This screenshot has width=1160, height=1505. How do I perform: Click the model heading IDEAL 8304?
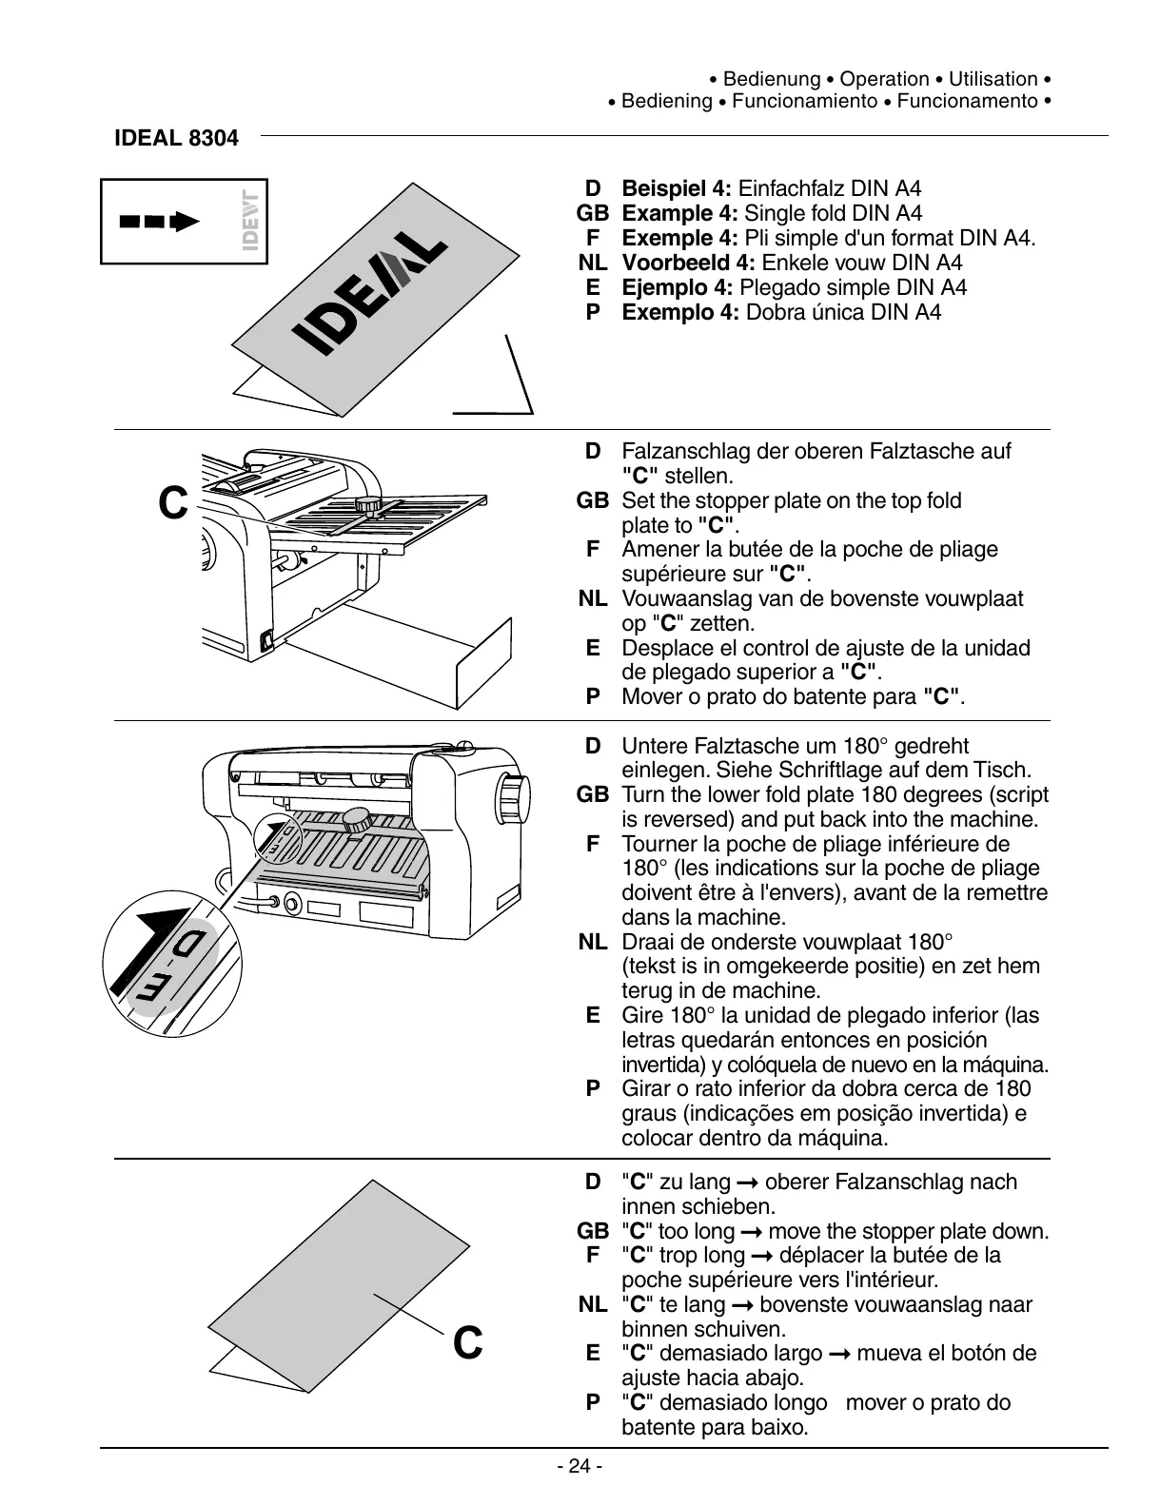[x=176, y=138]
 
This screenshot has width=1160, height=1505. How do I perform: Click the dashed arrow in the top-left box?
[x=159, y=222]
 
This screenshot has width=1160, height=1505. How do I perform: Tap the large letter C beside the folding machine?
[x=172, y=503]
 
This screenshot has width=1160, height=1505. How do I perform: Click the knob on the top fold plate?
[x=367, y=503]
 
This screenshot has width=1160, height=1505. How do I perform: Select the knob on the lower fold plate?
[x=357, y=818]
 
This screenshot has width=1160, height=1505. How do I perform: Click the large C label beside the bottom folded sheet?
[x=467, y=1343]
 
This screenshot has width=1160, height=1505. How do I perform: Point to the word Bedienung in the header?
[x=772, y=79]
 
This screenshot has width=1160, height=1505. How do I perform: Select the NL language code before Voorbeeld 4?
[x=592, y=263]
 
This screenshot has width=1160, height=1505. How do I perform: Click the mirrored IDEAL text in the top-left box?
[x=250, y=221]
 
